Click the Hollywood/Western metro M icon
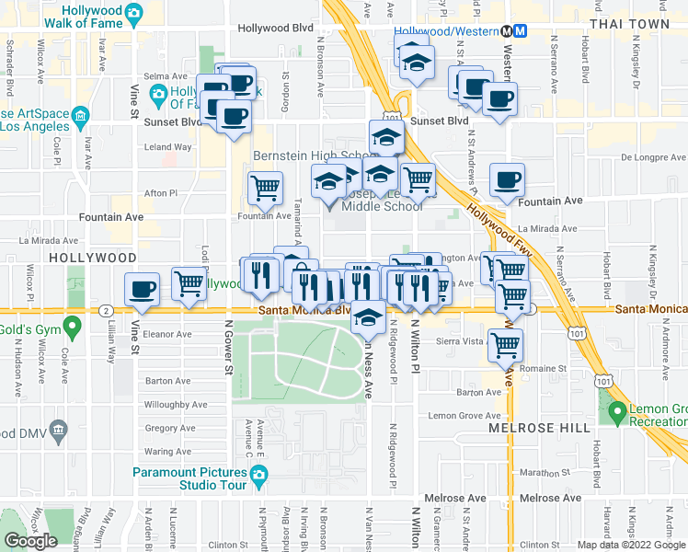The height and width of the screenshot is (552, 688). [x=520, y=29]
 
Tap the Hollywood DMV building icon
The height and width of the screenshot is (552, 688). [x=59, y=429]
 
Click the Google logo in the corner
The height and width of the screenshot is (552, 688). [x=30, y=541]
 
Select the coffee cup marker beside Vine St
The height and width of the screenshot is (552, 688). [x=142, y=289]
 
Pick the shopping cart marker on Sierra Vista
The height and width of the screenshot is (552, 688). [x=505, y=345]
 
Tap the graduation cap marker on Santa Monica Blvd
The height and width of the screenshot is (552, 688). [x=369, y=317]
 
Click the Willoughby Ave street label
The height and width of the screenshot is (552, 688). [x=176, y=404]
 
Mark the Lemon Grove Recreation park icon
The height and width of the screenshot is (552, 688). [x=615, y=410]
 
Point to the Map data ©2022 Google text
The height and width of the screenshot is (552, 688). [x=630, y=545]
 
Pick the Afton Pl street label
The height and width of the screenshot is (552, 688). [x=161, y=193]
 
